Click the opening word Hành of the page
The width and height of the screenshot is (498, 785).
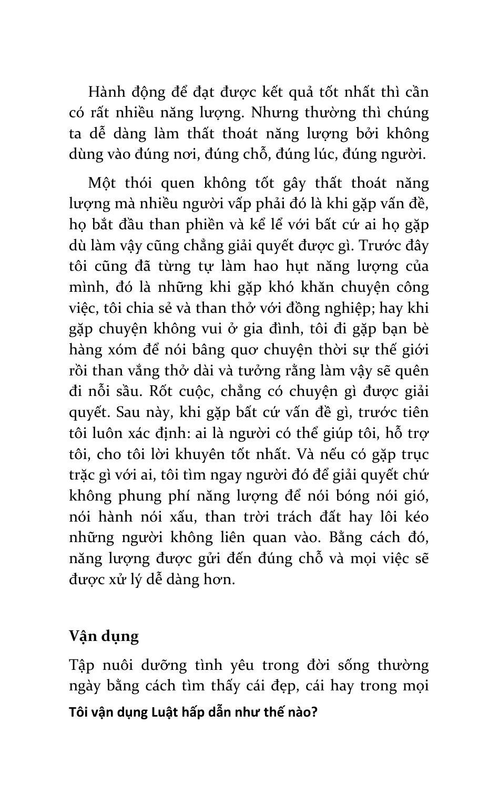pyautogui.click(x=107, y=92)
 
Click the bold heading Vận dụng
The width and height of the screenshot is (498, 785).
pyautogui.click(x=104, y=636)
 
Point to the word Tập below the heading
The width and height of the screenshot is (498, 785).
pyautogui.click(x=82, y=666)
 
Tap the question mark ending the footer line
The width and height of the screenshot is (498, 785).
pyautogui.click(x=314, y=713)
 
